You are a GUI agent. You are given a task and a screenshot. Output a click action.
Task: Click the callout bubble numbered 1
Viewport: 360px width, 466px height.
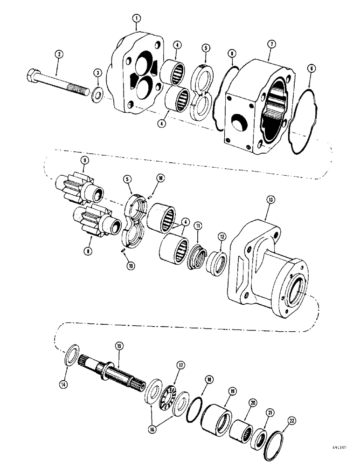click(136, 19)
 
